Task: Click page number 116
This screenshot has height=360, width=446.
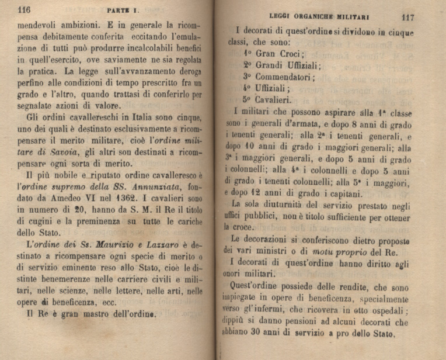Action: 23,9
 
